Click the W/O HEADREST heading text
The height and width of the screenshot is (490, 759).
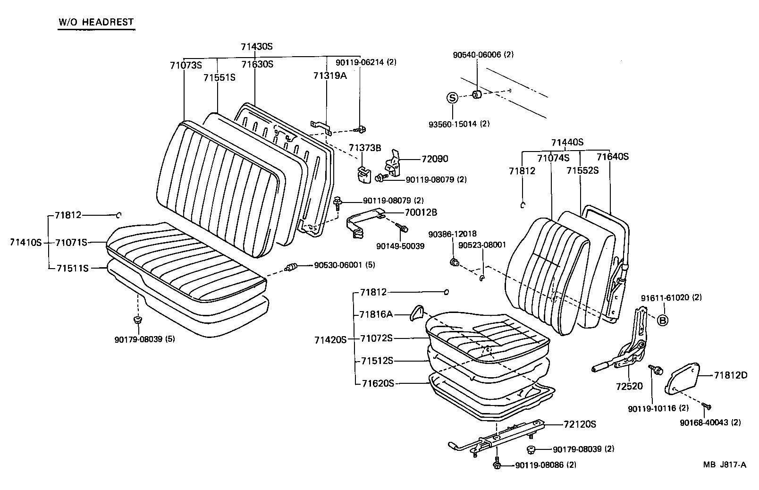[x=96, y=22]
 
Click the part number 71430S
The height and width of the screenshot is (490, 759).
[x=257, y=47]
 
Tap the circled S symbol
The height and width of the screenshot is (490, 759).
[x=453, y=98]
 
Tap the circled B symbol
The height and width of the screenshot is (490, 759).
[x=663, y=321]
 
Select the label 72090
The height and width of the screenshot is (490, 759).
[x=435, y=159]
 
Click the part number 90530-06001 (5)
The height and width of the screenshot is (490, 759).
[x=344, y=265]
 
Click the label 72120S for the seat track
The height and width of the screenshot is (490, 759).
[x=580, y=424]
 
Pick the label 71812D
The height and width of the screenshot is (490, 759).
[x=731, y=375]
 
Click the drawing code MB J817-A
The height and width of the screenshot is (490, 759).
[x=725, y=465]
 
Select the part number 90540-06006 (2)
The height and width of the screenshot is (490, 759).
[x=483, y=55]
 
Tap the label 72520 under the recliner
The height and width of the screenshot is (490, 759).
[x=629, y=386]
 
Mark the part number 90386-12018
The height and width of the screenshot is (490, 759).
[x=452, y=234]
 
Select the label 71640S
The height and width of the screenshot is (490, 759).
[x=612, y=157]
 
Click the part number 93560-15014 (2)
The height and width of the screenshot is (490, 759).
[x=459, y=124]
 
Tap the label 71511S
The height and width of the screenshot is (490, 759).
[x=73, y=268]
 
